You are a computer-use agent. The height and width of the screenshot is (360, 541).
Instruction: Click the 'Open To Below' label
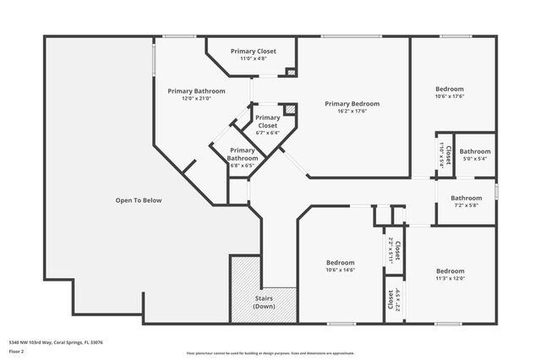tap(139, 200)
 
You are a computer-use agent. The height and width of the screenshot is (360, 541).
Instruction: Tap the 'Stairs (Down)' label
tap(264, 303)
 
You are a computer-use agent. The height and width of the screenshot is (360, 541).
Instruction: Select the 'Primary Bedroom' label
tap(352, 104)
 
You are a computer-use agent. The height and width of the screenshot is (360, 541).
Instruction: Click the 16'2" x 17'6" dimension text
tap(352, 112)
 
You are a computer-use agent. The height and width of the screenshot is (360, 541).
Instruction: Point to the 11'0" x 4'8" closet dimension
tap(254, 59)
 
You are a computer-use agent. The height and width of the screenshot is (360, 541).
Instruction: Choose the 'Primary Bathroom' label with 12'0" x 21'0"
tap(196, 90)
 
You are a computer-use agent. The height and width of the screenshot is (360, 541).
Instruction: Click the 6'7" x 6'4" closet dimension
tap(267, 133)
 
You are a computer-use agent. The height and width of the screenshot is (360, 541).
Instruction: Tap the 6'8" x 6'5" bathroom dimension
tap(243, 165)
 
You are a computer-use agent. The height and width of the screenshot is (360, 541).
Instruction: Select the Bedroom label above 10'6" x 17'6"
tap(449, 89)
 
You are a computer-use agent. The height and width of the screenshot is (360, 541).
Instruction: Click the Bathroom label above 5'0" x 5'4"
tap(475, 151)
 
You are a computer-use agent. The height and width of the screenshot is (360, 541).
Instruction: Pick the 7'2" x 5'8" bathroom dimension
tap(467, 205)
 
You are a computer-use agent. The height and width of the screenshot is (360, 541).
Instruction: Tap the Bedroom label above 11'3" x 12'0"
tap(450, 271)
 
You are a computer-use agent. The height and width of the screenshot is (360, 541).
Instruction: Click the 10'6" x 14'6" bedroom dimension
tap(341, 270)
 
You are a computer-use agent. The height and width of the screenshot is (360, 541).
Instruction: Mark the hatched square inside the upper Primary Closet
tap(290, 72)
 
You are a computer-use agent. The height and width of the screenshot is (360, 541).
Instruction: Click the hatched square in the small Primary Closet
tap(289, 109)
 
